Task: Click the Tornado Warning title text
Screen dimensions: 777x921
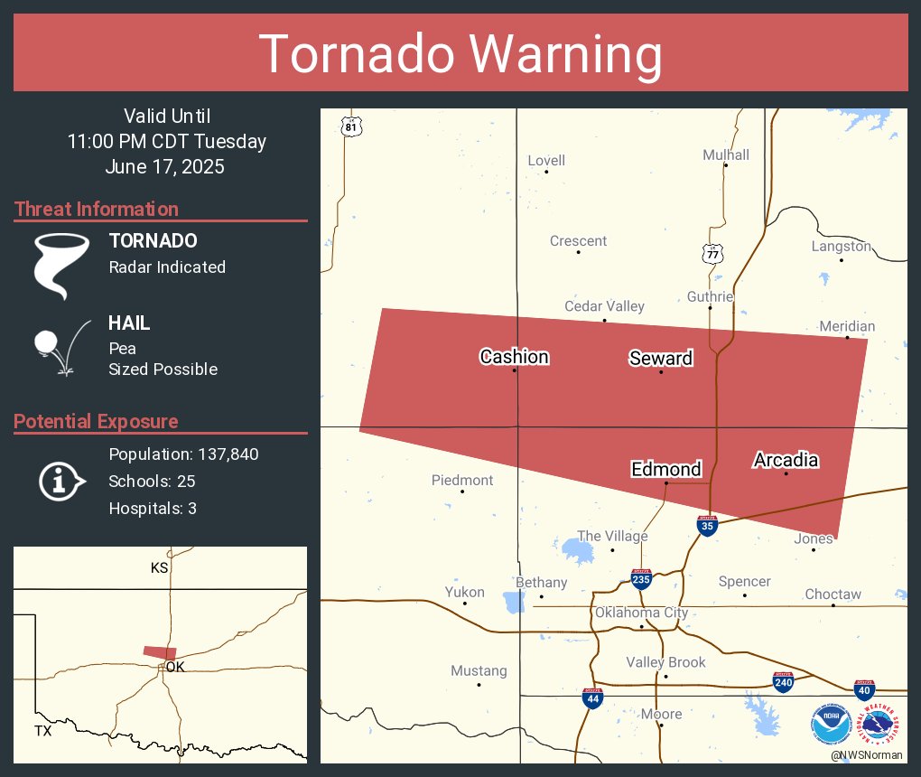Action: pos(460,54)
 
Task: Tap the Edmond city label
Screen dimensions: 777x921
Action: pos(665,469)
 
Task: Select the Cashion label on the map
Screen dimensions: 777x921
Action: pos(514,357)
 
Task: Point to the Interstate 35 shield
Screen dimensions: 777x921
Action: pos(708,527)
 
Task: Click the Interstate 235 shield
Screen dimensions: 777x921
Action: pos(641,579)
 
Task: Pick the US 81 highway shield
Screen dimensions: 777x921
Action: pos(350,126)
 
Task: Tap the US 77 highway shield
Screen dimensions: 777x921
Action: pos(713,254)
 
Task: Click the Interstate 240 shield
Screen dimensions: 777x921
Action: pos(783,682)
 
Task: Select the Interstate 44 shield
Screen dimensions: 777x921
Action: pos(591,698)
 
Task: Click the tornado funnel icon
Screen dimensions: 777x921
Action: pos(61,265)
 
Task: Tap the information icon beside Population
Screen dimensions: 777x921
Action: pos(60,481)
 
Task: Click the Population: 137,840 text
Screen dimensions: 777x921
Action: pos(183,454)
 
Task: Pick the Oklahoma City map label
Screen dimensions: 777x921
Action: pos(641,613)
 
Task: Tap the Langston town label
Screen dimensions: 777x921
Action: pos(841,246)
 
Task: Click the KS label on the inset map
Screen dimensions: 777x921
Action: pos(160,568)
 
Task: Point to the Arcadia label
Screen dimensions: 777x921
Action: pos(786,461)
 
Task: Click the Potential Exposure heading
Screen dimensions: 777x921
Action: pos(96,421)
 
